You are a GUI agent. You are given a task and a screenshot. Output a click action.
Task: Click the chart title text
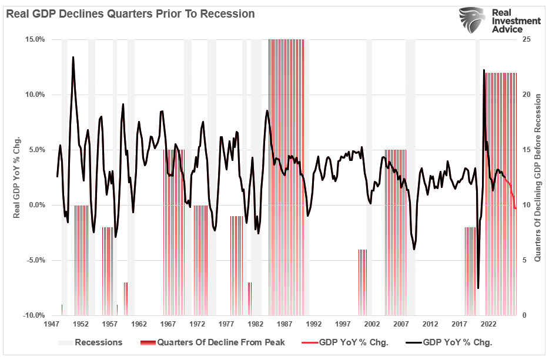[130, 14]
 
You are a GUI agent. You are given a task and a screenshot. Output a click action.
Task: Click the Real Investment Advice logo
[499, 22]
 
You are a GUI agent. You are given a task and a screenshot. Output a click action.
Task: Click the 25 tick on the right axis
[520, 39]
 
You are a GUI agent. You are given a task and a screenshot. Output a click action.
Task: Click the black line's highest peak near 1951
[73, 57]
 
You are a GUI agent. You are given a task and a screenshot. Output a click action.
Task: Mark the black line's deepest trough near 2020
[478, 288]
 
